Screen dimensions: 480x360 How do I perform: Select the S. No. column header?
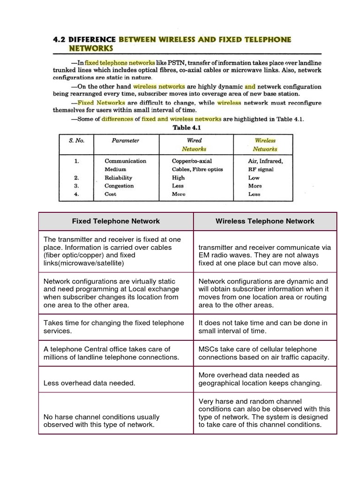tap(76, 140)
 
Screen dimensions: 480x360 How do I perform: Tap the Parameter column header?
tap(125, 140)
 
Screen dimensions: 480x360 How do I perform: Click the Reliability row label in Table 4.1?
tap(118, 178)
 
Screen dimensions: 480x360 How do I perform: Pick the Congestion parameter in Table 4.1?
tap(119, 186)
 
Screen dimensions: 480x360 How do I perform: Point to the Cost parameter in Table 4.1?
tap(111, 194)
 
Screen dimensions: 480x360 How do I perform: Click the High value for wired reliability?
tap(178, 178)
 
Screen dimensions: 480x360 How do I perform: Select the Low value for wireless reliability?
tap(254, 178)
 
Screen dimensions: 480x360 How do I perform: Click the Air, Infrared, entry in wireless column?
tap(265, 161)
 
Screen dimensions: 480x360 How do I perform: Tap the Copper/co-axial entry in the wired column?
tap(192, 161)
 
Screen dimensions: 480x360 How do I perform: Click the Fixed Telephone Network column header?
tap(116, 221)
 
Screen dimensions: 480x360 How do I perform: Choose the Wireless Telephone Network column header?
tap(265, 221)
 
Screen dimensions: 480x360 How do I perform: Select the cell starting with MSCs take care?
tap(264, 353)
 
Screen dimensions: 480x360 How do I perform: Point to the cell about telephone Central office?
tap(111, 353)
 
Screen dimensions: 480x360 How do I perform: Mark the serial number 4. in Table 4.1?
tap(76, 194)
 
